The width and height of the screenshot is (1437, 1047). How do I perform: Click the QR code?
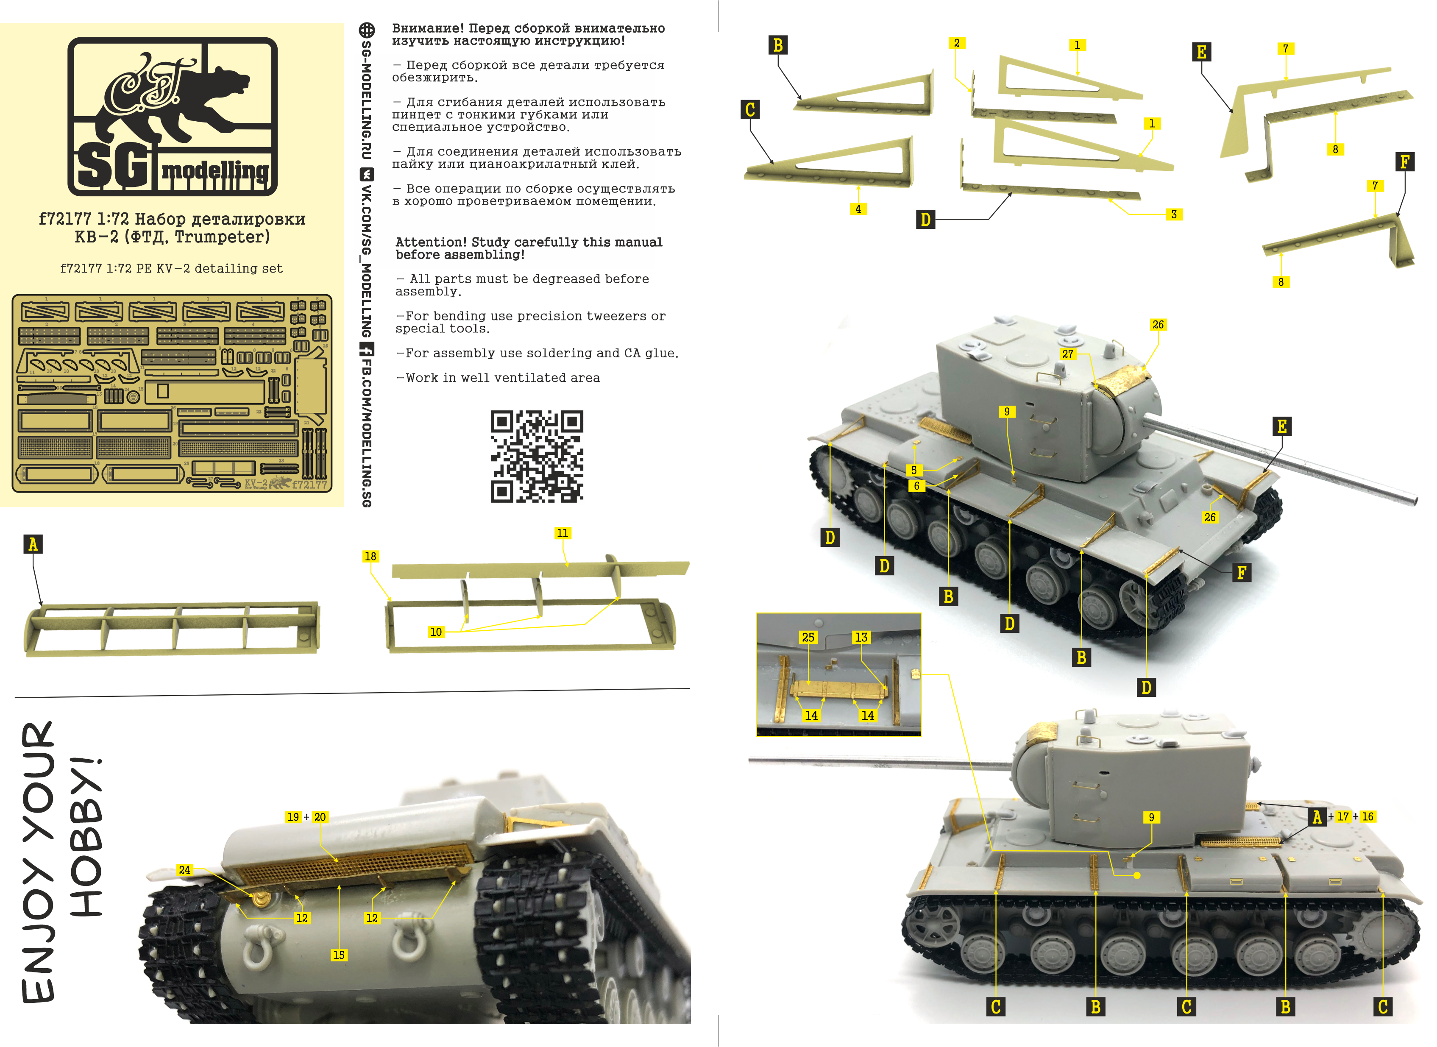(x=536, y=457)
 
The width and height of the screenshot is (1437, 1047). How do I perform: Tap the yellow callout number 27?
(x=1068, y=354)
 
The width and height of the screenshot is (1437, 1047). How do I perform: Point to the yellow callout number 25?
(x=808, y=637)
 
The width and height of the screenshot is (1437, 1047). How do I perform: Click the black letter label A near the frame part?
(x=33, y=544)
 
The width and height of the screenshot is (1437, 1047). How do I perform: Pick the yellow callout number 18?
(x=370, y=556)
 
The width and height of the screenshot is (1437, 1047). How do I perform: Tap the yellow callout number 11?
(x=563, y=533)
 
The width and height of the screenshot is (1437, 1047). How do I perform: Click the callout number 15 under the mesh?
(x=339, y=955)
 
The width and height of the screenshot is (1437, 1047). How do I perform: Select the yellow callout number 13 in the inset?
(x=861, y=637)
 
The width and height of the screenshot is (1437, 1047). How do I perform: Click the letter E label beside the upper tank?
(x=1282, y=426)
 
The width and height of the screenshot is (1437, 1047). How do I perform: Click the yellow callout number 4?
(x=858, y=209)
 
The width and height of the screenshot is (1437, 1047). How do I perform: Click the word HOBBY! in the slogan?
(x=86, y=837)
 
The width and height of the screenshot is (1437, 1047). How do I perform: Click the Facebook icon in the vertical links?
(x=366, y=348)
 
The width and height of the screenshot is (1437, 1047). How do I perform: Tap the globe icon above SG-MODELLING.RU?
(x=366, y=30)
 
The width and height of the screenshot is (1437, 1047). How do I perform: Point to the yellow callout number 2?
(x=957, y=43)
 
